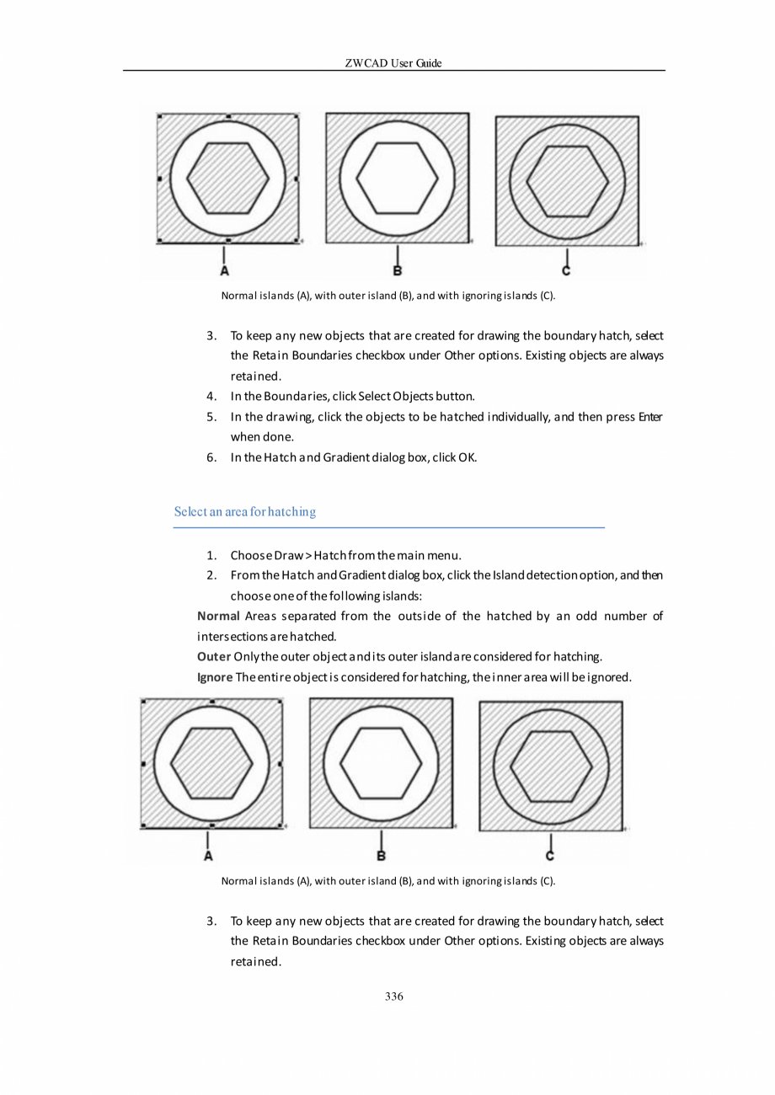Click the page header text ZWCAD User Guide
(393, 63)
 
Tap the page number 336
(393, 996)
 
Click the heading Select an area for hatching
(244, 511)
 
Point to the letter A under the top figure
(225, 271)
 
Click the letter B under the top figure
(397, 271)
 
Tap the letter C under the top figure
(566, 270)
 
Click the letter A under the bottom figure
(208, 856)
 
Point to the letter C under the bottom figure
(550, 856)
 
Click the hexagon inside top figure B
(397, 179)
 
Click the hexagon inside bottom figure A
(211, 763)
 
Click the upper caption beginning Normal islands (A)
(387, 296)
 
